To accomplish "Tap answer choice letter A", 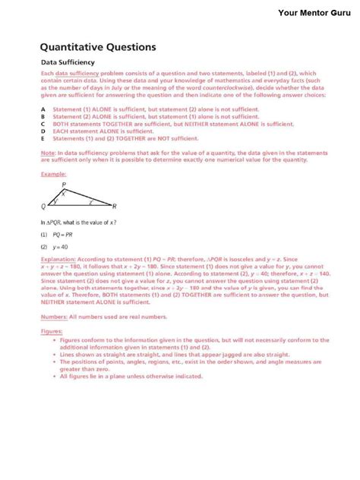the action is [x=43, y=109].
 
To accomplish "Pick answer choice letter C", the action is [x=43, y=122].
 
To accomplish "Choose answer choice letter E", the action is [x=43, y=137].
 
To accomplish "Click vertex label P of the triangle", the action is [x=64, y=185].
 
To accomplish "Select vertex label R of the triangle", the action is [x=114, y=206].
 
